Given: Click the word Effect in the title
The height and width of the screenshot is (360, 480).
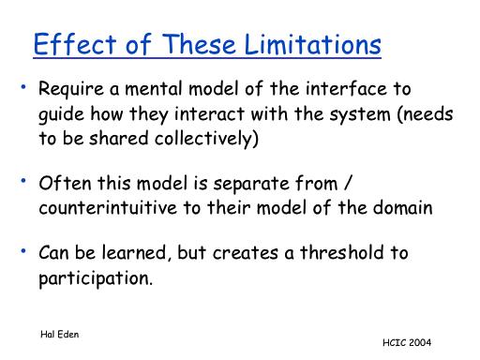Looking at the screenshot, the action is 75,44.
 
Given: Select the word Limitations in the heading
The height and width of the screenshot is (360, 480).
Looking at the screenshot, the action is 312,44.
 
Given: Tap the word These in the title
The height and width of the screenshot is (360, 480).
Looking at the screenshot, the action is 199,44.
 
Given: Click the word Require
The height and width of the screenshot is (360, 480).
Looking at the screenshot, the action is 71,89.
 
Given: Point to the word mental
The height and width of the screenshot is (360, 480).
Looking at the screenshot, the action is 154,88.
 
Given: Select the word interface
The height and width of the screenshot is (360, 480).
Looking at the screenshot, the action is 346,88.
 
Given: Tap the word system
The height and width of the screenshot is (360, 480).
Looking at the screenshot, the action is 360,114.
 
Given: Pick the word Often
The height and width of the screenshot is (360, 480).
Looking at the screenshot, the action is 65,183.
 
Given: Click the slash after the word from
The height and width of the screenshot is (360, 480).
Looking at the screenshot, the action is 348,183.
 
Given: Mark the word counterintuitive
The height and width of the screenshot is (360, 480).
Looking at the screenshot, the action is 108,208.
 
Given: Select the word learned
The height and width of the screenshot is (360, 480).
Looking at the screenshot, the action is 134,252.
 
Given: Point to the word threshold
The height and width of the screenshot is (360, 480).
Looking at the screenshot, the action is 342,252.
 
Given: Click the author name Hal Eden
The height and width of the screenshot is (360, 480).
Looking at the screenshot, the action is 59,335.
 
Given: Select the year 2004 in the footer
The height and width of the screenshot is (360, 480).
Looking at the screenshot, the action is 420,342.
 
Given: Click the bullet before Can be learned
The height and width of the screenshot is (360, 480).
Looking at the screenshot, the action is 23,250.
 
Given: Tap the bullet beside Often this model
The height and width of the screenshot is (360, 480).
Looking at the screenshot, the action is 23,181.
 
